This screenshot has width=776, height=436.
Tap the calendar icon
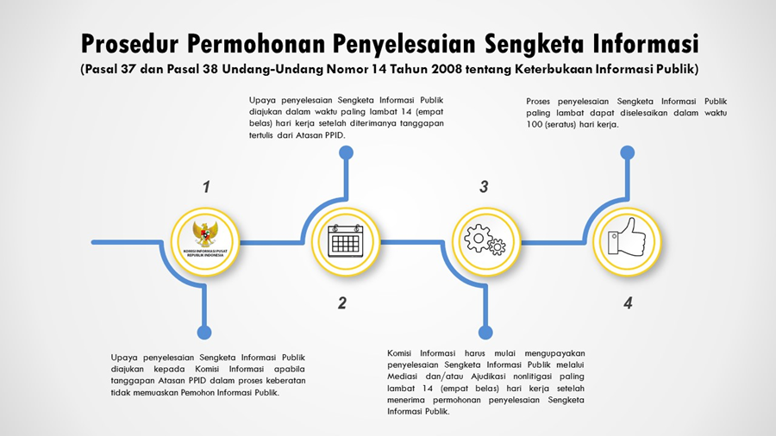pos(345,240)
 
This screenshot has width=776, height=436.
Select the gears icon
pos(485,239)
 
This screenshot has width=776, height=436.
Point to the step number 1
pos(206,187)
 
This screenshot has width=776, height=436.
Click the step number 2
pos(342,302)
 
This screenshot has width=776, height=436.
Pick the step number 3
pos(484,187)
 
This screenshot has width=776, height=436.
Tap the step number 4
pos(628,302)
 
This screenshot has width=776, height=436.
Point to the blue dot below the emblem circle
pos(204,333)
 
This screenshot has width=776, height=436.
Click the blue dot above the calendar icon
pos(346,153)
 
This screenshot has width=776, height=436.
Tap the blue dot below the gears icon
pos(485,333)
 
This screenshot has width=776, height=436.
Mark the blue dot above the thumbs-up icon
pos(628,153)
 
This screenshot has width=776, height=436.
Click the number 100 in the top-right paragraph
pos(535,124)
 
